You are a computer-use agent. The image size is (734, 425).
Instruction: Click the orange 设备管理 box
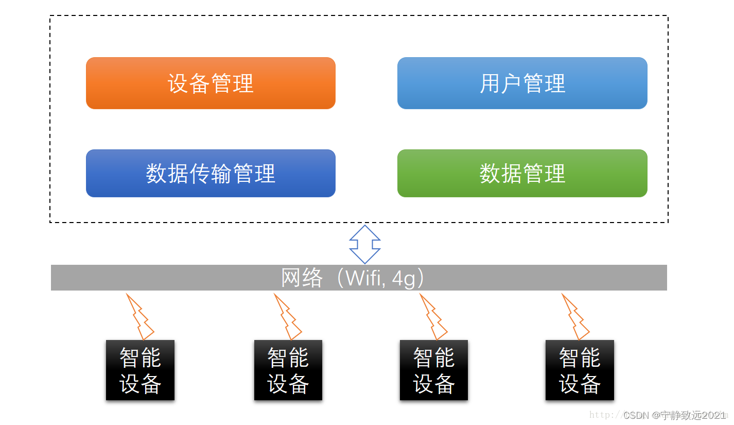pyautogui.click(x=211, y=83)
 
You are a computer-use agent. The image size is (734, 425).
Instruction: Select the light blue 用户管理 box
pyautogui.click(x=522, y=83)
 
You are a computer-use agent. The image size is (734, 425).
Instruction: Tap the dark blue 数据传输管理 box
pyautogui.click(x=211, y=174)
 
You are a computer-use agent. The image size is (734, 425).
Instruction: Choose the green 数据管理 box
pyautogui.click(x=522, y=174)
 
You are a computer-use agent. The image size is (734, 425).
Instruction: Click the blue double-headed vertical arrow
pyautogui.click(x=364, y=244)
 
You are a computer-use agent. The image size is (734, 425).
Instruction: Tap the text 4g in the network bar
pyautogui.click(x=403, y=278)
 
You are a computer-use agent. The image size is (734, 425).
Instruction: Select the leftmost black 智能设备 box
pyautogui.click(x=140, y=370)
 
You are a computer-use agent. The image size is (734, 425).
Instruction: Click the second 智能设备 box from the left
pyautogui.click(x=288, y=370)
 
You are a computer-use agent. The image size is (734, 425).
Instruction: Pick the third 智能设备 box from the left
pyautogui.click(x=433, y=370)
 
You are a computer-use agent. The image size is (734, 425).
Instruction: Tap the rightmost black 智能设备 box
pyautogui.click(x=580, y=370)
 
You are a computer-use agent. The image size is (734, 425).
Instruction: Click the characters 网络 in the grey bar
pyautogui.click(x=302, y=278)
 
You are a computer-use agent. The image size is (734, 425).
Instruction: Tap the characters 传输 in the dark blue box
pyautogui.click(x=211, y=174)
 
